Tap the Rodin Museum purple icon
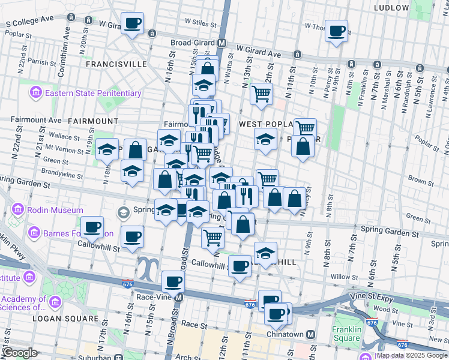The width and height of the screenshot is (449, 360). tap(17, 211)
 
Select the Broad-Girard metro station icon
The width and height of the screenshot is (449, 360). tap(221, 43)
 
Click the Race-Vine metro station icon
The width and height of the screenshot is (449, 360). tap(178, 297)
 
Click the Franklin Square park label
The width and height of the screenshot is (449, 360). tap(347, 334)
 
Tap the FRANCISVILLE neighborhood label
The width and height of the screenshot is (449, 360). tap(116, 63)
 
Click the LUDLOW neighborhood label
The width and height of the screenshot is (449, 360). tap(391, 8)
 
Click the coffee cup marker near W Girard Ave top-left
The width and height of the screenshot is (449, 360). tap(132, 23)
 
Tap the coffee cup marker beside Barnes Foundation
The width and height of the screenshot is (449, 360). tap(92, 227)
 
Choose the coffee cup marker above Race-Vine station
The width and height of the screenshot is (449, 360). tap(173, 281)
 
